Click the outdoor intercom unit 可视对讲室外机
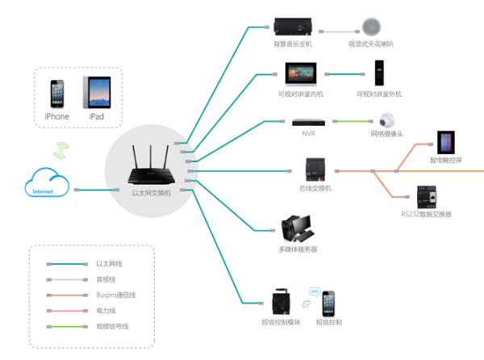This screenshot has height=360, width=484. point(378,76)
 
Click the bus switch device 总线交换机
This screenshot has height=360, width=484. point(315,170)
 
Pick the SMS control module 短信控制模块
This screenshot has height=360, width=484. point(282,303)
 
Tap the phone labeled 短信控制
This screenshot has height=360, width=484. point(329,303)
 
